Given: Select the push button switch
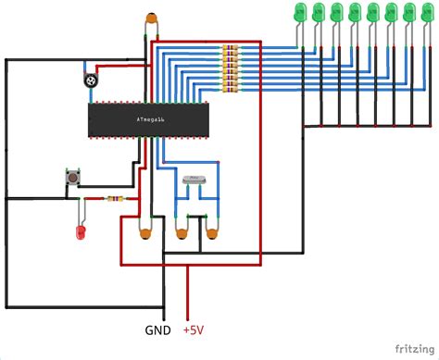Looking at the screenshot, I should coord(69,177).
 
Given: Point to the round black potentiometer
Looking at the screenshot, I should coord(91,81).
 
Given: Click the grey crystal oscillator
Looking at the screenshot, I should coord(194,180).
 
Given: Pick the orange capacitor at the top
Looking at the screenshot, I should coord(149,19).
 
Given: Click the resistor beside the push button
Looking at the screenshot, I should coord(114,198).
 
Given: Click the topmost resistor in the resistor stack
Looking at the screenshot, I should coord(229,48).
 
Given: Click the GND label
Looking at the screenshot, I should coord(157,330).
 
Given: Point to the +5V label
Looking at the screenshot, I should coord(194,330).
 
